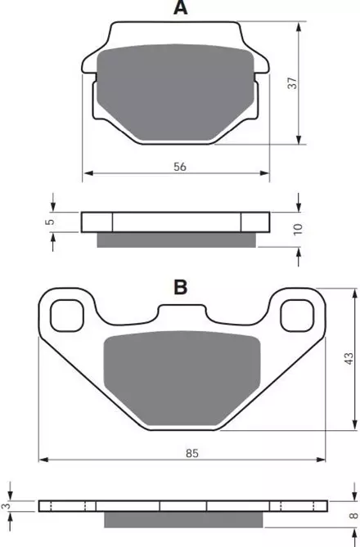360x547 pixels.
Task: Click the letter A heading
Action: [181, 7]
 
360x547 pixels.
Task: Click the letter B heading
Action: [181, 288]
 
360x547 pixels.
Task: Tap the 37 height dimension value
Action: [293, 83]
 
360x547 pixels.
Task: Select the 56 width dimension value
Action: [180, 167]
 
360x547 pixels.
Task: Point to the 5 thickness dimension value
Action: [51, 222]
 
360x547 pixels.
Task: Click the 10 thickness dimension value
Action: [298, 229]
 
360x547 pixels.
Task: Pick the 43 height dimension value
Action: [349, 359]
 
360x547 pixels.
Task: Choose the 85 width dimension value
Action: [192, 453]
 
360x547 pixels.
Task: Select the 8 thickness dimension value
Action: [354, 515]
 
